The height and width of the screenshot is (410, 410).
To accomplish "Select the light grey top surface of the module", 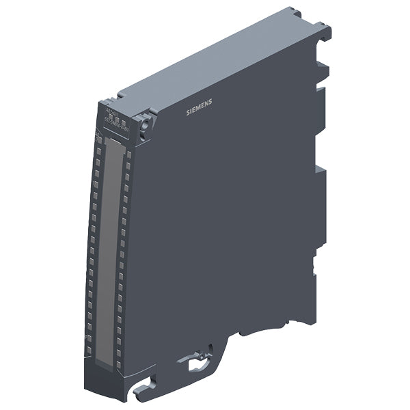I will pos(219,61).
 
